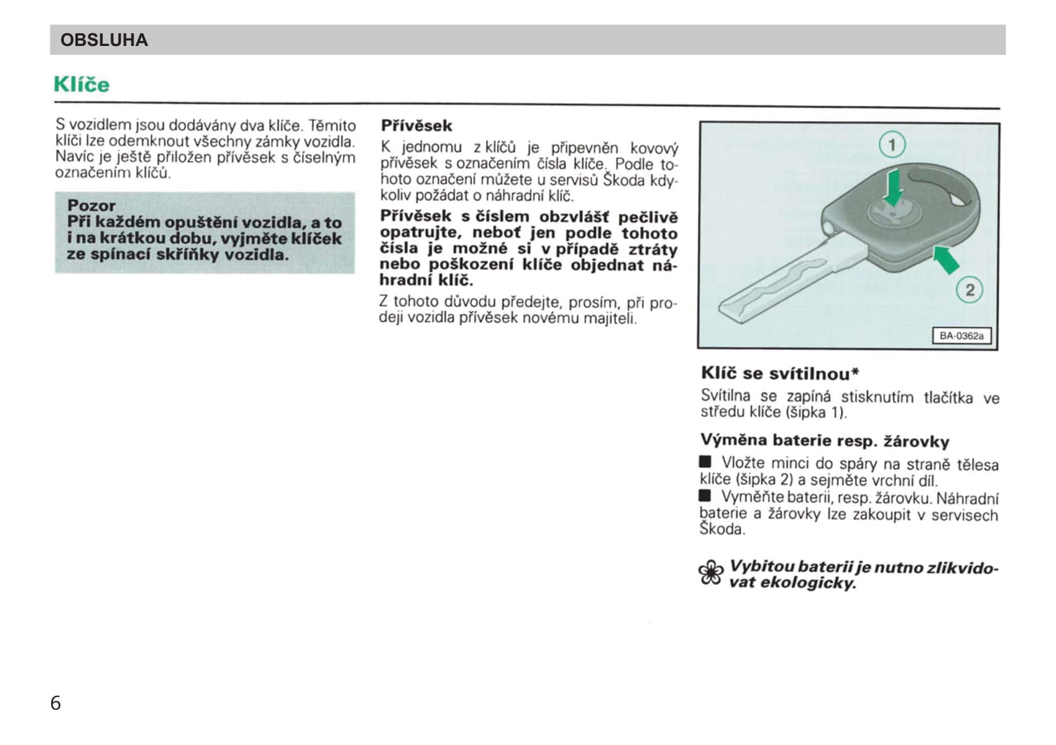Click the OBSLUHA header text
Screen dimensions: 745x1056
pos(104,40)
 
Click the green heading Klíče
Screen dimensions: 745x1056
pos(81,85)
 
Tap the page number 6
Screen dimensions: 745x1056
pos(56,703)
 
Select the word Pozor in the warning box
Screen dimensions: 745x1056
pos(91,205)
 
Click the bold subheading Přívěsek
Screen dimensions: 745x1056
pos(417,126)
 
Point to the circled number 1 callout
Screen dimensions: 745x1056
pos(892,145)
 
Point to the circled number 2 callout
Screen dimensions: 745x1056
pos(970,290)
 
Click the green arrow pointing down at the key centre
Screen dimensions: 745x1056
pos(893,187)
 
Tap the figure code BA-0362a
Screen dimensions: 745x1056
pos(962,336)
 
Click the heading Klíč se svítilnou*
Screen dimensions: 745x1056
pos(780,373)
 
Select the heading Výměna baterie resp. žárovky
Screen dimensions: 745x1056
pos(824,440)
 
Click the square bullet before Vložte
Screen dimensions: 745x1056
pos(705,462)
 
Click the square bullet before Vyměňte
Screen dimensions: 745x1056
pos(705,497)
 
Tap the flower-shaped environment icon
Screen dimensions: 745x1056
pos(711,573)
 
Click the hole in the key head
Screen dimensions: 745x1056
pos(943,188)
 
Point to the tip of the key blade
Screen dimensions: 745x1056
pos(728,310)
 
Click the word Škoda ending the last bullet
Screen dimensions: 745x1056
pos(721,530)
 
